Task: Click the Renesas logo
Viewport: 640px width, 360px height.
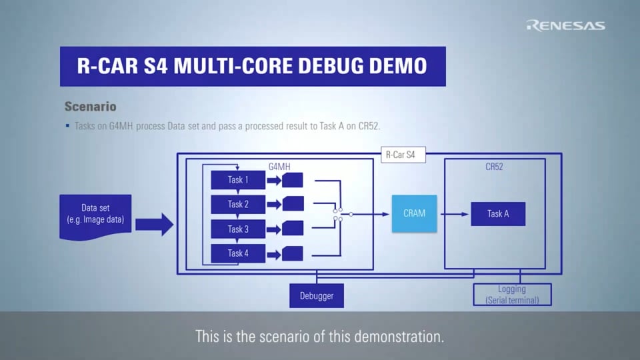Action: [565, 25]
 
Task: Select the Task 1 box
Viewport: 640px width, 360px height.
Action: [238, 180]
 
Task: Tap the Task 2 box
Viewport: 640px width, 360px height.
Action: [238, 205]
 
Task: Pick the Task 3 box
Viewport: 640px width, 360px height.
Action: [238, 229]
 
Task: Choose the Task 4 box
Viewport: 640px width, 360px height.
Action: [238, 253]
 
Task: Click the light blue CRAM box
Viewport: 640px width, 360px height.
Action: [414, 214]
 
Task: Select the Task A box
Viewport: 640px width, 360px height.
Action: [498, 214]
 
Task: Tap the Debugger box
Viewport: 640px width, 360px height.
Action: [317, 295]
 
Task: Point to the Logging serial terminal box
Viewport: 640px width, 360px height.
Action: [512, 295]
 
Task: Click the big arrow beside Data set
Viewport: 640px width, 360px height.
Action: [154, 222]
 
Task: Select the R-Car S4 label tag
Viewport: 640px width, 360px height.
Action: [403, 155]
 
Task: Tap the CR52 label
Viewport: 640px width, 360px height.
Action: [494, 166]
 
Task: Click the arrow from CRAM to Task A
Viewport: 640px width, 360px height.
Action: [453, 214]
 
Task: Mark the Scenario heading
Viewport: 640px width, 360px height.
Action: [90, 107]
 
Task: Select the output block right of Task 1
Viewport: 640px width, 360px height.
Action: [293, 180]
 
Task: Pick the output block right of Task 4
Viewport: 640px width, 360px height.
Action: [293, 253]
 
